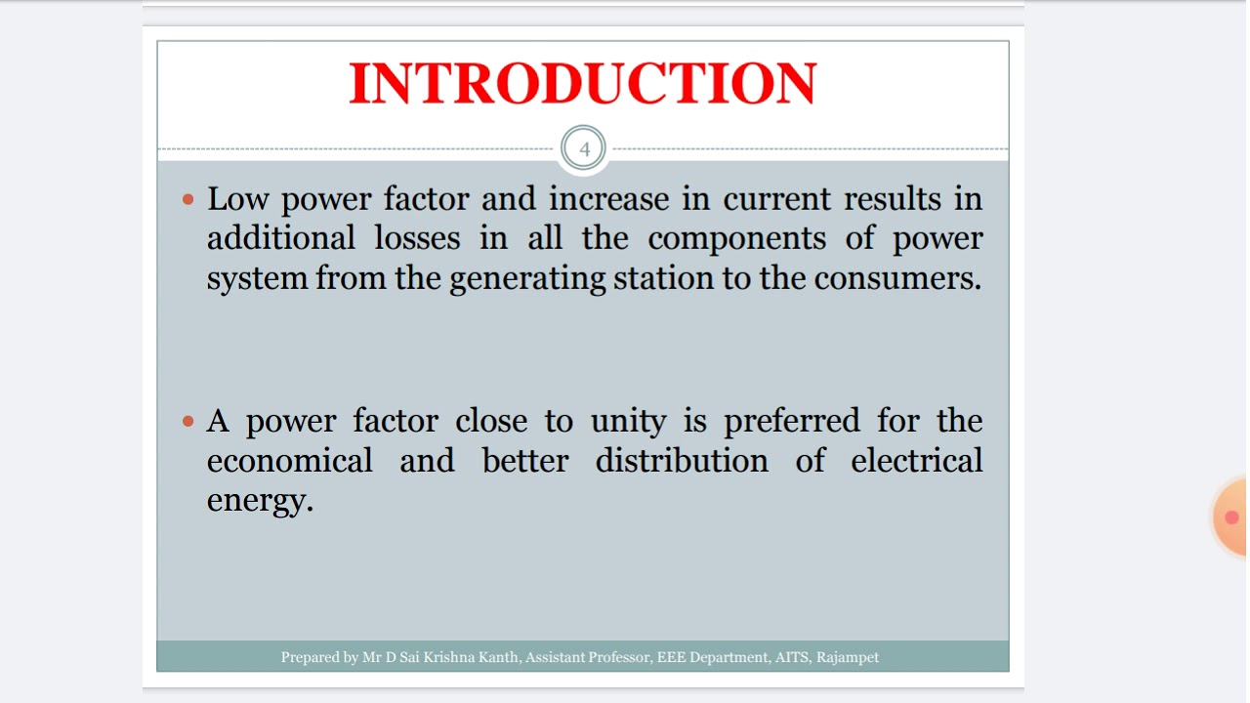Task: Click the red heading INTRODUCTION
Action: tap(583, 83)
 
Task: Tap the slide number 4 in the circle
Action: tap(585, 149)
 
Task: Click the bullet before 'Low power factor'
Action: tap(189, 200)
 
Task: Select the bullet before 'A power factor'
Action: tap(189, 422)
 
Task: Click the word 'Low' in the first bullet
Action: tap(239, 199)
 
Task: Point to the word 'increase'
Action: tap(608, 199)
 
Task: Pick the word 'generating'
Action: tap(527, 279)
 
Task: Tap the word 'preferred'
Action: tap(792, 422)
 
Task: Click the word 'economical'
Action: tap(290, 461)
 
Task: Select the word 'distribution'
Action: tap(682, 461)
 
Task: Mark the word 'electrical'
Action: tap(916, 461)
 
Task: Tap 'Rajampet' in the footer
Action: tap(848, 658)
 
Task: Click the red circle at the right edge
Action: tap(1230, 517)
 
